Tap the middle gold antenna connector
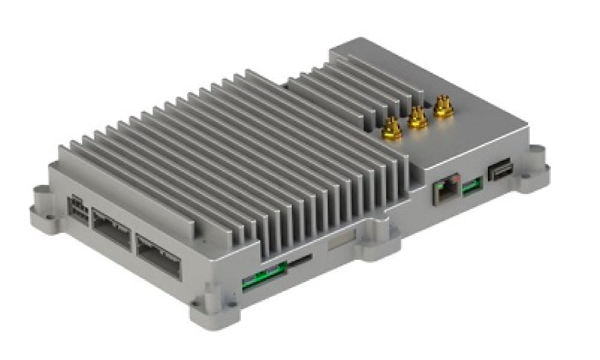pos(418,118)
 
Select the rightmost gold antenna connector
pos(443,107)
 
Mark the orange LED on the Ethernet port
pos(457,179)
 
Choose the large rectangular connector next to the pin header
pos(110,228)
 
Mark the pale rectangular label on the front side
pos(340,240)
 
